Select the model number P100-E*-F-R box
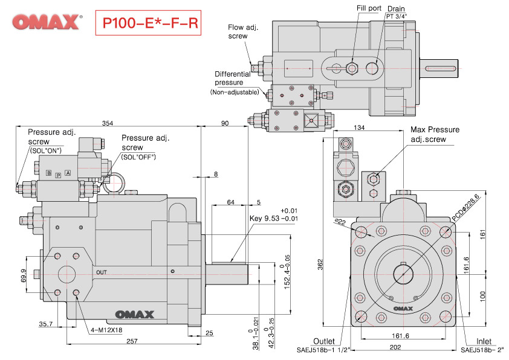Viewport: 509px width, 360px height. click(147, 23)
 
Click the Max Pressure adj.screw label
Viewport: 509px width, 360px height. click(435, 134)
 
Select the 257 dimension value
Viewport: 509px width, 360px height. click(132, 341)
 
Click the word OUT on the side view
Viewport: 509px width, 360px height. click(102, 272)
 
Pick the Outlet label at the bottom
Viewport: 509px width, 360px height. click(325, 341)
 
